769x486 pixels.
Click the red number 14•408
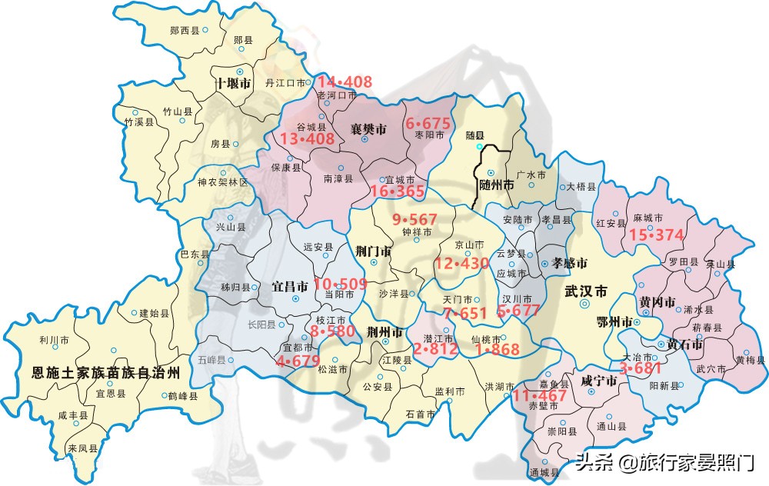pyautogui.click(x=345, y=82)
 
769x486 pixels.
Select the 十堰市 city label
pyautogui.click(x=234, y=83)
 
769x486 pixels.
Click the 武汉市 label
pyautogui.click(x=586, y=291)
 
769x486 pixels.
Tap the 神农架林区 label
pyautogui.click(x=223, y=182)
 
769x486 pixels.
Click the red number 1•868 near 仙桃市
pyautogui.click(x=497, y=349)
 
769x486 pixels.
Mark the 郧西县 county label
pyautogui.click(x=185, y=29)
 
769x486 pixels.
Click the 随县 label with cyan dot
pyautogui.click(x=476, y=134)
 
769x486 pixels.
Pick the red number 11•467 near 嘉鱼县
pyautogui.click(x=540, y=395)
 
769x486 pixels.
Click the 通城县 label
pyautogui.click(x=543, y=473)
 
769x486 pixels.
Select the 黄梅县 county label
pyautogui.click(x=749, y=359)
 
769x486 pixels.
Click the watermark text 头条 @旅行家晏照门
pyautogui.click(x=665, y=463)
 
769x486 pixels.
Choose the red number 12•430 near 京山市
pyautogui.click(x=461, y=263)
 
